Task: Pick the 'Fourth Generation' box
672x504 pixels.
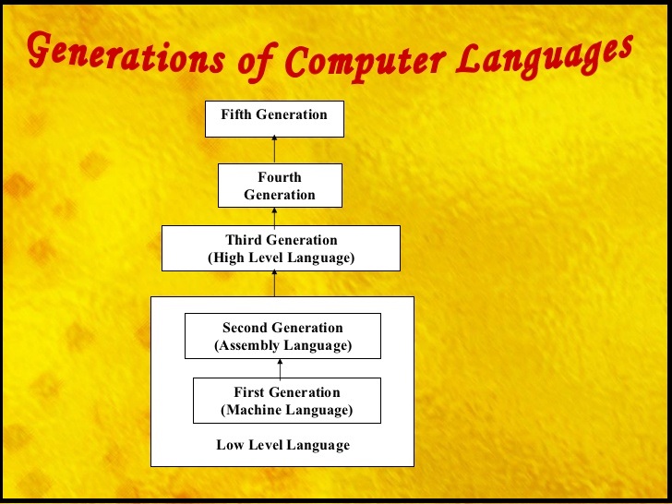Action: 280,186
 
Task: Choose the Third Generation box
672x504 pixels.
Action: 281,248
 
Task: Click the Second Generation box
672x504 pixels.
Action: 282,337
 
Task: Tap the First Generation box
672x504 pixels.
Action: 286,402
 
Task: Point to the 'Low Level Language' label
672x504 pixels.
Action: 283,445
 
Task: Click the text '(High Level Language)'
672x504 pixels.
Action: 281,258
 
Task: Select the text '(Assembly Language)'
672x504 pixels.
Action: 282,346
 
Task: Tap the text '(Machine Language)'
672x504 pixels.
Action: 287,411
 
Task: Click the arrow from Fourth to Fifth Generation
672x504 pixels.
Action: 274,150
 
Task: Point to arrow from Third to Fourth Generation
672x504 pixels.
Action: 274,216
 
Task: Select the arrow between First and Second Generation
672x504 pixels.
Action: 280,368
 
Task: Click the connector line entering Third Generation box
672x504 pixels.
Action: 274,283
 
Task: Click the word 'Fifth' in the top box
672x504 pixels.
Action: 236,114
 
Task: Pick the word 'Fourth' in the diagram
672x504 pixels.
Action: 280,176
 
